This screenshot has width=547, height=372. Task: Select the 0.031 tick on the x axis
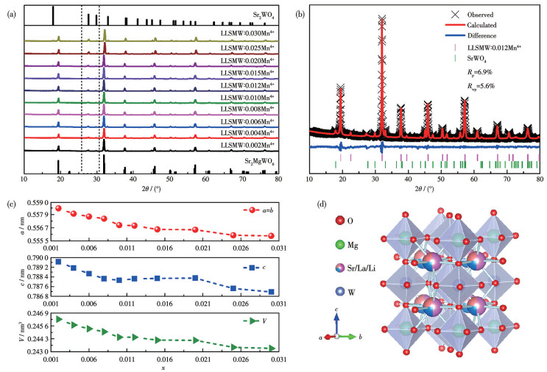(275, 362)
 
